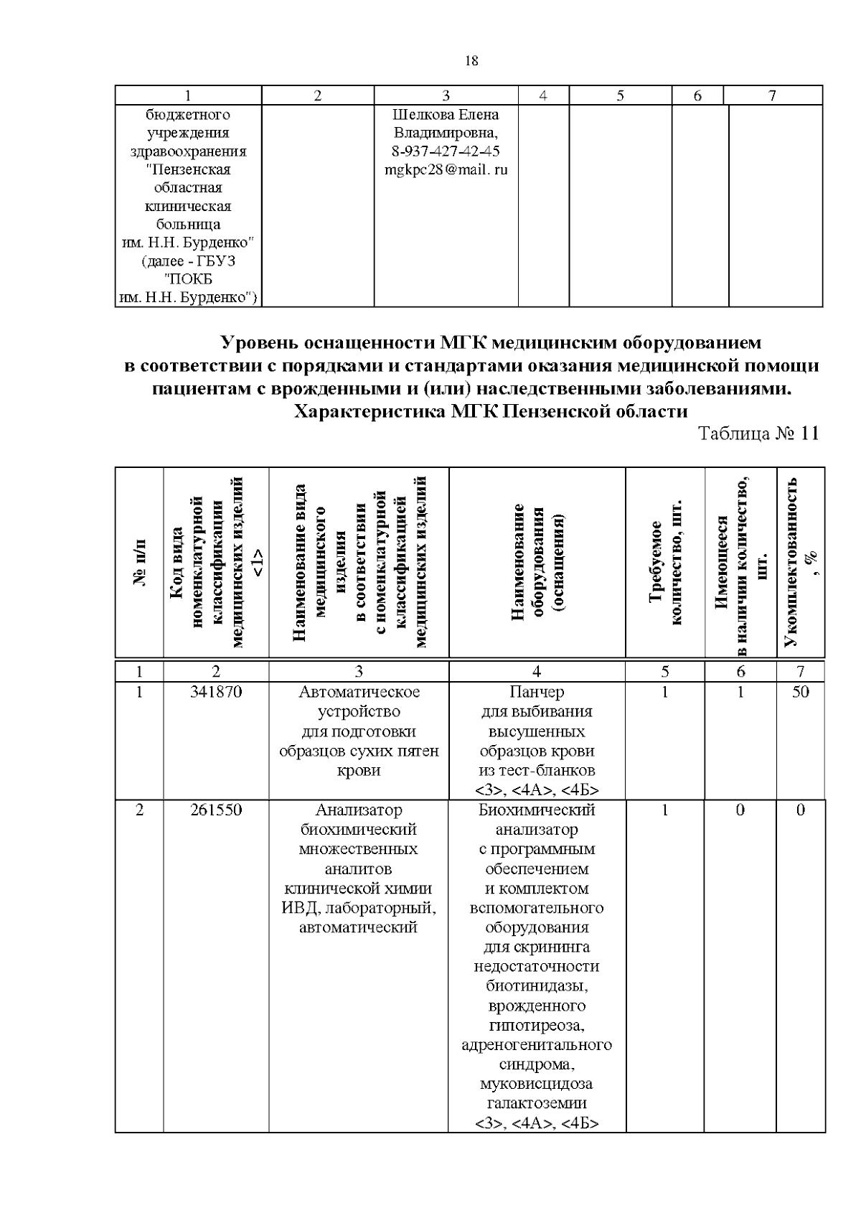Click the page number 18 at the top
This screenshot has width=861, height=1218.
(471, 61)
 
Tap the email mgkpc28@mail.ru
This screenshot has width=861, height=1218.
(446, 170)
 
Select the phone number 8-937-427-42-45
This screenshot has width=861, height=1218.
(446, 151)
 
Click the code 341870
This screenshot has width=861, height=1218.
(216, 692)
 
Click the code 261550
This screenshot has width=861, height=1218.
(216, 810)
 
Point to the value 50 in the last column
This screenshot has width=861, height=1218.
(800, 692)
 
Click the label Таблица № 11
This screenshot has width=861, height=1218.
(758, 434)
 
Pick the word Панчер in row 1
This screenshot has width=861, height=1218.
(537, 692)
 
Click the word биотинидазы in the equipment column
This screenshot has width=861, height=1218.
(537, 985)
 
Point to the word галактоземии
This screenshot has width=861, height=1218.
(537, 1103)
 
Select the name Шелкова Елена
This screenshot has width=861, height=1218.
(446, 115)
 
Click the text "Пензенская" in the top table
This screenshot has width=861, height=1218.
(188, 170)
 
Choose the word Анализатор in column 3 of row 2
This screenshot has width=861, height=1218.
(358, 810)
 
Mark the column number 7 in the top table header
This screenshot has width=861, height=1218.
(772, 95)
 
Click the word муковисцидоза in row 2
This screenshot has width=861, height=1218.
(537, 1084)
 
